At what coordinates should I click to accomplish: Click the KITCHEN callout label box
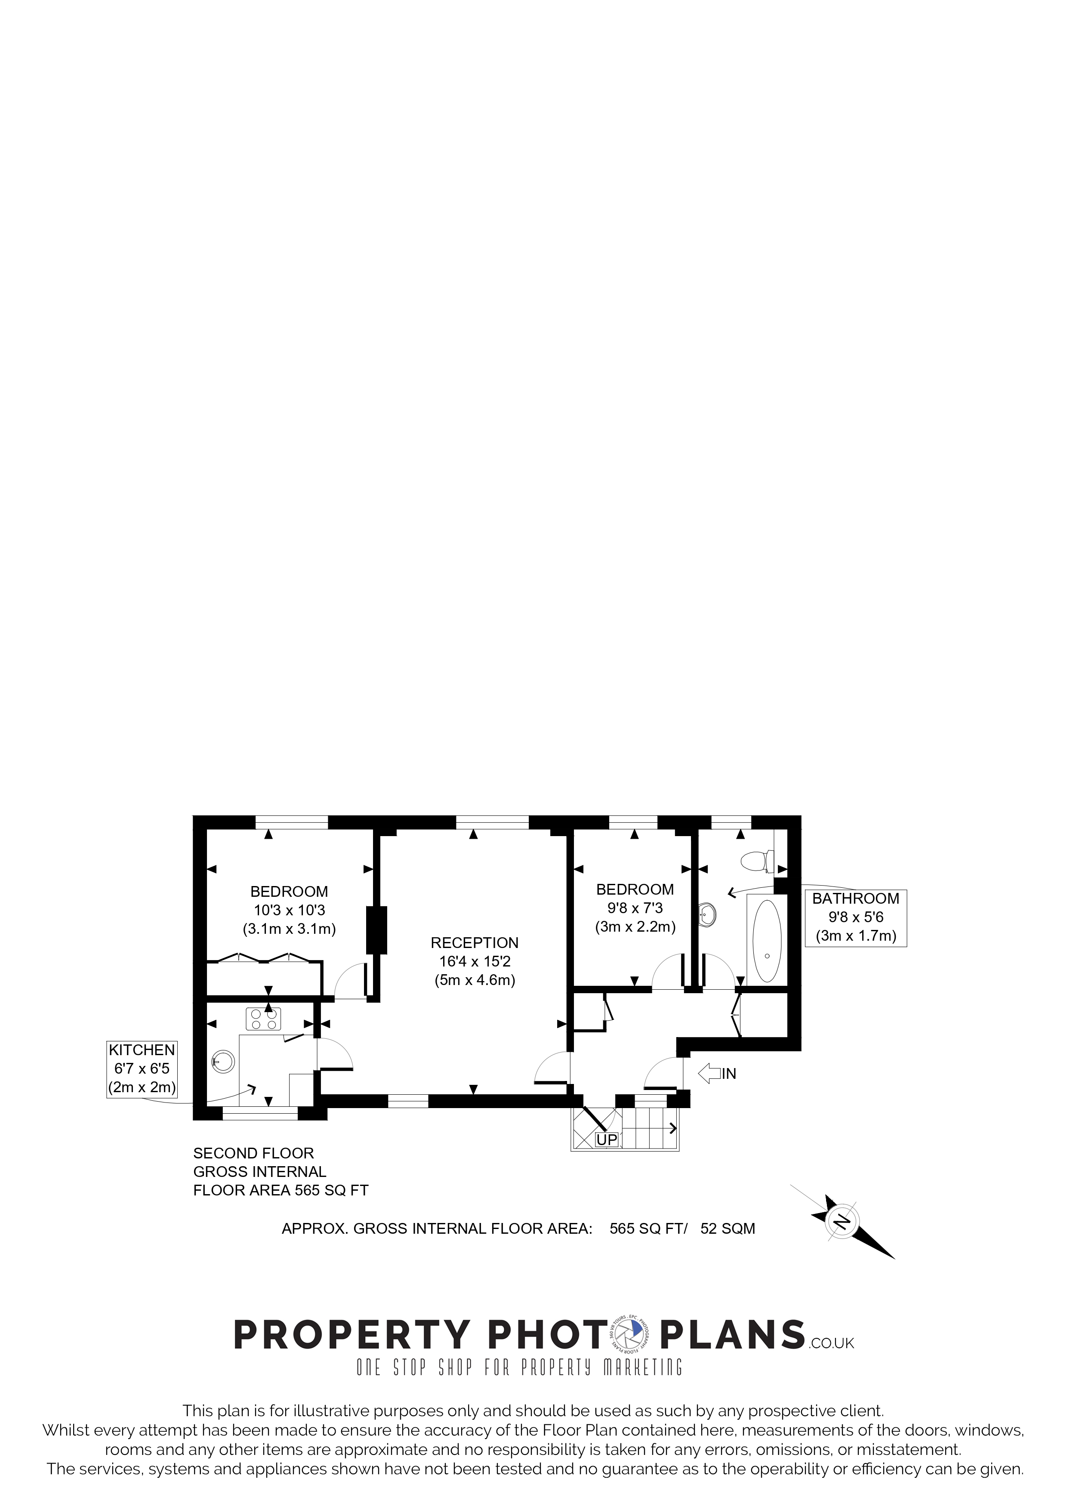[x=142, y=1069]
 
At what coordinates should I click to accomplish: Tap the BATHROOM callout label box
[x=856, y=917]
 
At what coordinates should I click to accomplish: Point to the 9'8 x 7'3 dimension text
[x=635, y=908]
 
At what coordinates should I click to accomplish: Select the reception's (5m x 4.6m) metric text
[x=475, y=980]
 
